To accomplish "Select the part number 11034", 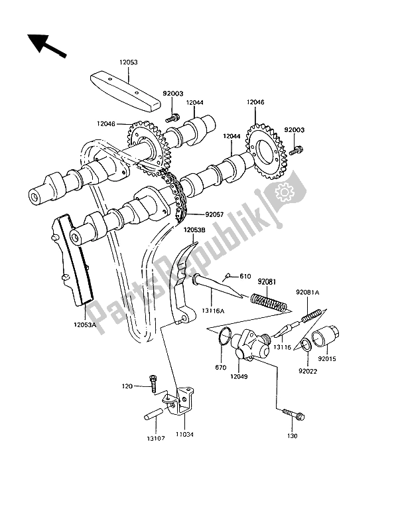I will pyautogui.click(x=182, y=437).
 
